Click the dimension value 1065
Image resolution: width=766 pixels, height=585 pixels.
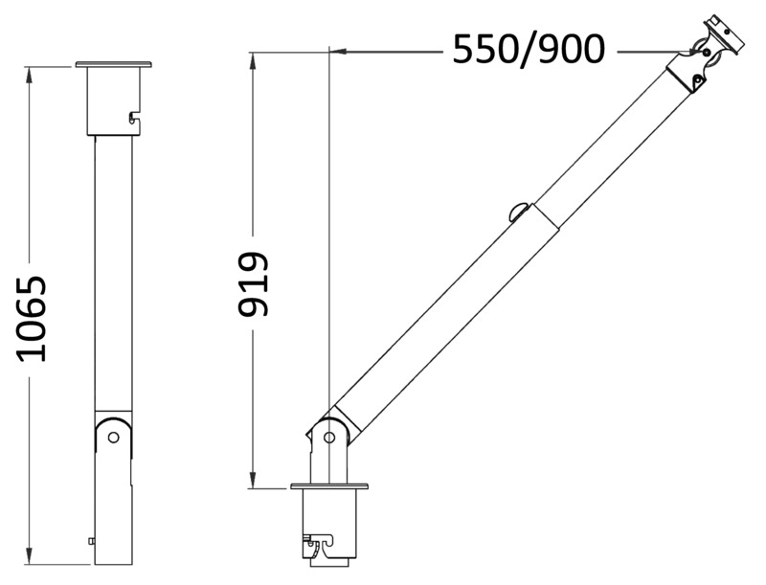click(x=33, y=318)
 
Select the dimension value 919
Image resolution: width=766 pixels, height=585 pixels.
click(x=254, y=284)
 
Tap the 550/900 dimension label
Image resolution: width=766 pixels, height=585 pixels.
click(x=529, y=49)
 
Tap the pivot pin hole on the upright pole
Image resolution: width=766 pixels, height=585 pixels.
click(x=113, y=437)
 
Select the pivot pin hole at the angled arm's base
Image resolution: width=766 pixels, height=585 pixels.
click(x=329, y=438)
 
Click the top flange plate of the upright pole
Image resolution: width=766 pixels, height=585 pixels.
click(x=113, y=65)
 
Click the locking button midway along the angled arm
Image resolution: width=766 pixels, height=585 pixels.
click(x=520, y=211)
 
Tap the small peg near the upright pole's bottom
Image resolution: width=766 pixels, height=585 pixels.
click(x=91, y=540)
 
